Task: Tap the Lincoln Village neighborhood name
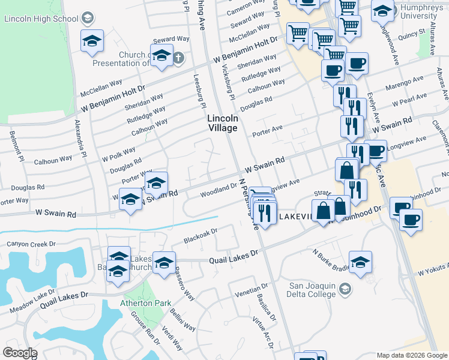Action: [x=223, y=123]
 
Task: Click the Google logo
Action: [x=20, y=352]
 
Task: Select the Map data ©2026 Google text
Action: [x=412, y=355]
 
